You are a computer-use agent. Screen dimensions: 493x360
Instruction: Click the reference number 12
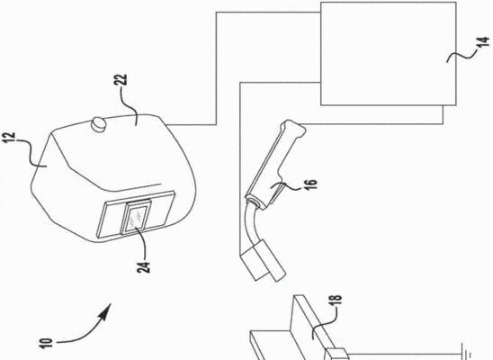click(x=8, y=138)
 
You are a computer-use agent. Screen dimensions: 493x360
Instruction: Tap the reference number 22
click(x=121, y=80)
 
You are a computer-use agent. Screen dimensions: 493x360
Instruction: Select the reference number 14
click(x=483, y=42)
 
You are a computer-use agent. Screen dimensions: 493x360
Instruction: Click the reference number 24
click(x=143, y=267)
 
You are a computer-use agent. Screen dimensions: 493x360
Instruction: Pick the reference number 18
click(x=335, y=301)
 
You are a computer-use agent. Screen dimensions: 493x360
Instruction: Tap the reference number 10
click(x=46, y=343)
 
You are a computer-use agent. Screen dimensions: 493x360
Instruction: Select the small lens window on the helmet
click(x=136, y=217)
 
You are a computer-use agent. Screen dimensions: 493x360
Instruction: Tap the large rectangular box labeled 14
click(x=389, y=54)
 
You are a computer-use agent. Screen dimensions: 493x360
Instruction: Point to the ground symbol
click(x=466, y=352)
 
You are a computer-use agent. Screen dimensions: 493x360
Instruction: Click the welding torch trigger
click(x=276, y=193)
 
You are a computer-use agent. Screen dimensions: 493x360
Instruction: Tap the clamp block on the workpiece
click(x=336, y=354)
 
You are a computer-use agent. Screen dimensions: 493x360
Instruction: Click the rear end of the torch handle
click(x=293, y=128)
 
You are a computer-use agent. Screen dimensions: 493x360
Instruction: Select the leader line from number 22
click(x=131, y=103)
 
